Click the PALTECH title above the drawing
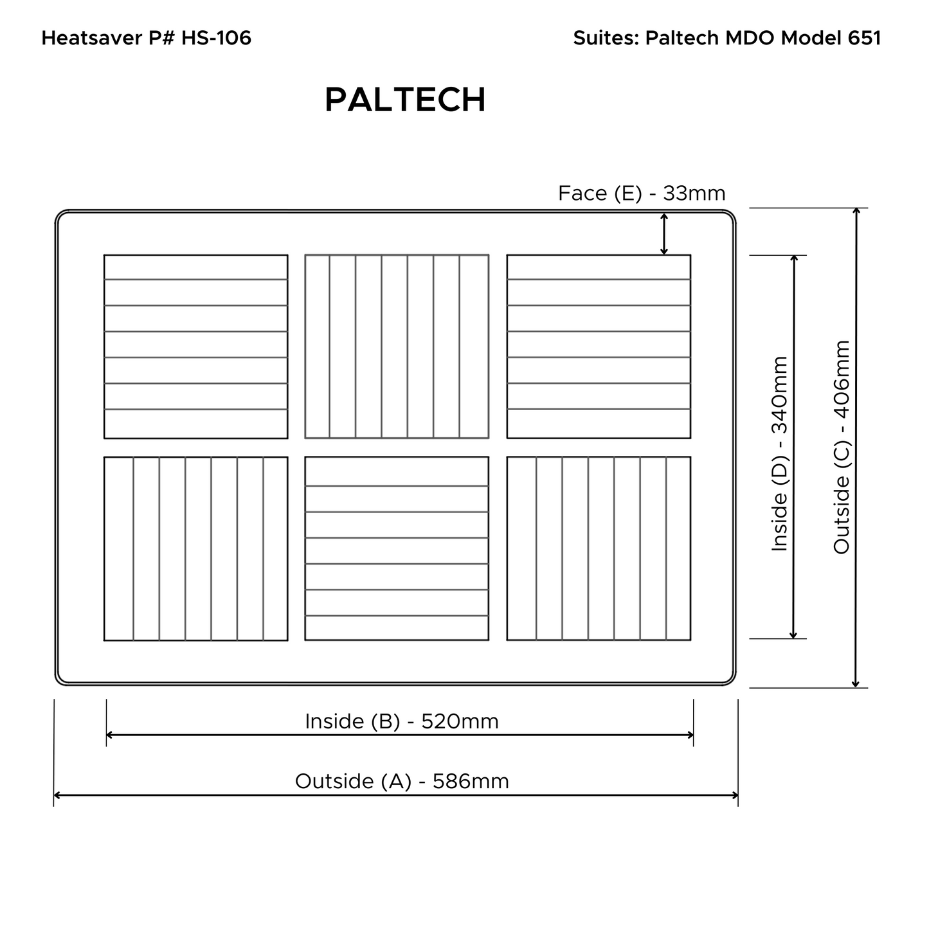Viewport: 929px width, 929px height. click(x=405, y=100)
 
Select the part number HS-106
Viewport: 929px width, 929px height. click(x=216, y=37)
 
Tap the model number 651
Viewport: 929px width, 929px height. click(x=864, y=37)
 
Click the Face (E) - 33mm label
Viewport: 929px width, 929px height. click(x=642, y=194)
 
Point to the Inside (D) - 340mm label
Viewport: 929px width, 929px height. click(x=779, y=453)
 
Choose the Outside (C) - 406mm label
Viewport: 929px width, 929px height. click(x=842, y=447)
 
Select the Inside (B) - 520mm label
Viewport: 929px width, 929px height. click(x=402, y=721)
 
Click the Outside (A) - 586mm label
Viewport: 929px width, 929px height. click(x=402, y=781)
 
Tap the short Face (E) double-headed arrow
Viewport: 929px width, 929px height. click(x=664, y=234)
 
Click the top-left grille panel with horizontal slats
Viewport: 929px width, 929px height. click(x=195, y=347)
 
